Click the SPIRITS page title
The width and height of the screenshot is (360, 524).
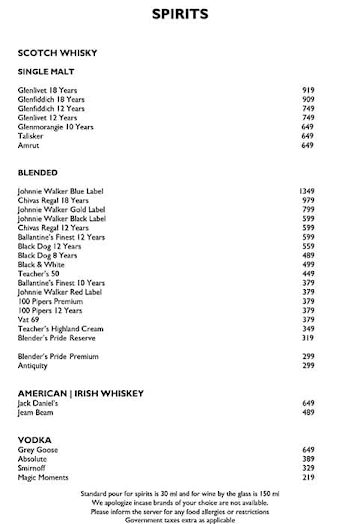180,14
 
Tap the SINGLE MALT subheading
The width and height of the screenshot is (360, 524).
46,72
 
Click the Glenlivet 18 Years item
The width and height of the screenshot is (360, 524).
47,90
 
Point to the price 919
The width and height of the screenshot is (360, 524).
308,90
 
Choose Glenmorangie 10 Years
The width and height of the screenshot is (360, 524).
56,127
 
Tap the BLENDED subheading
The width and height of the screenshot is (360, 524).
38,172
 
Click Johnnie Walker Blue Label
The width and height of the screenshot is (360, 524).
62,190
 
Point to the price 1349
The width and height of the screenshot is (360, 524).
307,190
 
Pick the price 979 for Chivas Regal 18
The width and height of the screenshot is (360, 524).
308,200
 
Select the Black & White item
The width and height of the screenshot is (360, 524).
42,264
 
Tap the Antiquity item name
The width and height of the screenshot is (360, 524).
33,365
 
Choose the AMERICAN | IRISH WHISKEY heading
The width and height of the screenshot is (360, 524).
82,392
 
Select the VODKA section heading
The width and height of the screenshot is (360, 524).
36,439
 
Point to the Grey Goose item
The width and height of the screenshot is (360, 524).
39,449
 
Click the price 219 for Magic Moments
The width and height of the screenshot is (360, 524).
308,477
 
